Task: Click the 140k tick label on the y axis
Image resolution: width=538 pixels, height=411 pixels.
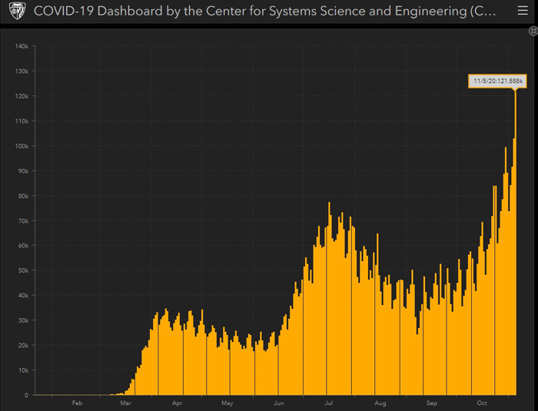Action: [21, 46]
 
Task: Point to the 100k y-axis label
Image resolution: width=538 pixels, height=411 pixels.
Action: [21, 146]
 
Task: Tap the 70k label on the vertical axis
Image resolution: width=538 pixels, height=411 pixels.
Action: [22, 220]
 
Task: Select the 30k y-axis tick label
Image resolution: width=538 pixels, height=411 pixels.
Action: [22, 320]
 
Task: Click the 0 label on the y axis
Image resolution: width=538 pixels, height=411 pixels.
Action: [26, 395]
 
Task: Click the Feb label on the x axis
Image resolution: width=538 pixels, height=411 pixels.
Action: [77, 403]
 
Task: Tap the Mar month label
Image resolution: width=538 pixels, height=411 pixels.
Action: [127, 403]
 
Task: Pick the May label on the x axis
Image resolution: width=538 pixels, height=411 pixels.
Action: [227, 403]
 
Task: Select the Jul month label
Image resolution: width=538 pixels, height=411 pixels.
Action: [329, 403]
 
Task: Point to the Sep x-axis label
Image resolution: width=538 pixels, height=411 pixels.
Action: [432, 403]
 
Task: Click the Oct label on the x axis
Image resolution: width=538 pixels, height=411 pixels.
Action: [483, 403]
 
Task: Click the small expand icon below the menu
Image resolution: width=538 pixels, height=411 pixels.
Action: [533, 31]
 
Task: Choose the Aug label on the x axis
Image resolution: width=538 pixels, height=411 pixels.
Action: [380, 403]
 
